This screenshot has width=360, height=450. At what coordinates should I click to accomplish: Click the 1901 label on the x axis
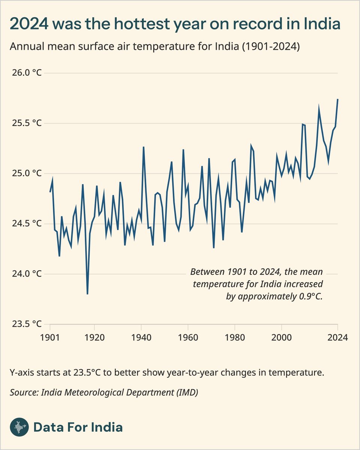(50, 337)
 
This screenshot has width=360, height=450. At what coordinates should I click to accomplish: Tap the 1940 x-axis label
(141, 337)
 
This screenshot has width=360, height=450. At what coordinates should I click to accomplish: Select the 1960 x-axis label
(188, 337)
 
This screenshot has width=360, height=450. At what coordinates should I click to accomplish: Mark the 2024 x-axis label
(337, 337)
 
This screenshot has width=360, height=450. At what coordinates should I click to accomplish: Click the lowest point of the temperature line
(87, 294)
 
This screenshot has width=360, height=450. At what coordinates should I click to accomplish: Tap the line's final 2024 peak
(338, 99)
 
